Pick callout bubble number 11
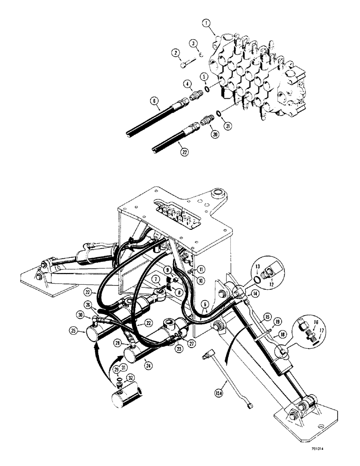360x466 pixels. pyautogui.click(x=201, y=268)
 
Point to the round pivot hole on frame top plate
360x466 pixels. pyautogui.click(x=217, y=193)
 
